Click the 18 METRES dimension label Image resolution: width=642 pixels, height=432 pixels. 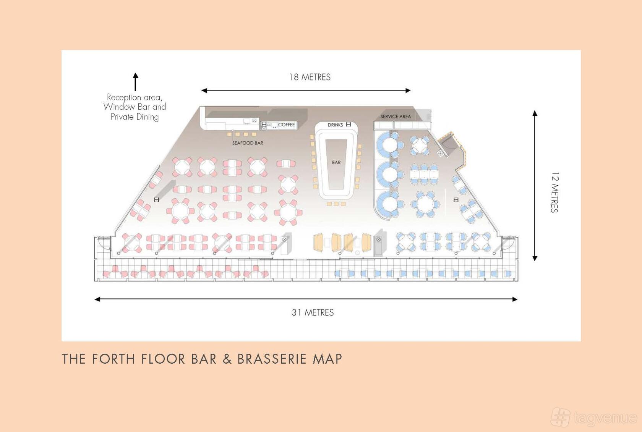coord(310,77)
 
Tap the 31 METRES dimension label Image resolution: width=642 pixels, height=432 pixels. coord(313,312)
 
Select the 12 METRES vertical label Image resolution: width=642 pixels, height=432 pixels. coord(554,192)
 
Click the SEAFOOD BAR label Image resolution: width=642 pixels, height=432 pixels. coord(248,143)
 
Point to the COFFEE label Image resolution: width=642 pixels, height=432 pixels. coord(286,125)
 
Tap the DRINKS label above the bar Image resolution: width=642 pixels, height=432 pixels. coord(336,125)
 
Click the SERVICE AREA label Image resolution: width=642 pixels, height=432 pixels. coord(396,116)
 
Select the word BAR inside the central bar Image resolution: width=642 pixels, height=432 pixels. coord(336,162)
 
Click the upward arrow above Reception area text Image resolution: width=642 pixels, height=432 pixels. coord(136,82)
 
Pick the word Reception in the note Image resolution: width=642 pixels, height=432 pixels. coord(124,97)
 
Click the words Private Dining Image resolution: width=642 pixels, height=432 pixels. coord(135,117)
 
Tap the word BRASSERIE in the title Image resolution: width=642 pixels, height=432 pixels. coord(272,359)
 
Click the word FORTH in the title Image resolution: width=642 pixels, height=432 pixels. coord(113,359)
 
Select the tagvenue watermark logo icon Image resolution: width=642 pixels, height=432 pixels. coord(561,417)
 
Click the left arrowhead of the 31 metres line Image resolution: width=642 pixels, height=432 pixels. coord(97,299)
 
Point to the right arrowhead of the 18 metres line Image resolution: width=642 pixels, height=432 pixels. coord(408,91)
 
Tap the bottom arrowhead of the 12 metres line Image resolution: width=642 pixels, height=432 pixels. coord(535,258)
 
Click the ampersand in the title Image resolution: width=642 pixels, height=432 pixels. coord(227,359)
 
